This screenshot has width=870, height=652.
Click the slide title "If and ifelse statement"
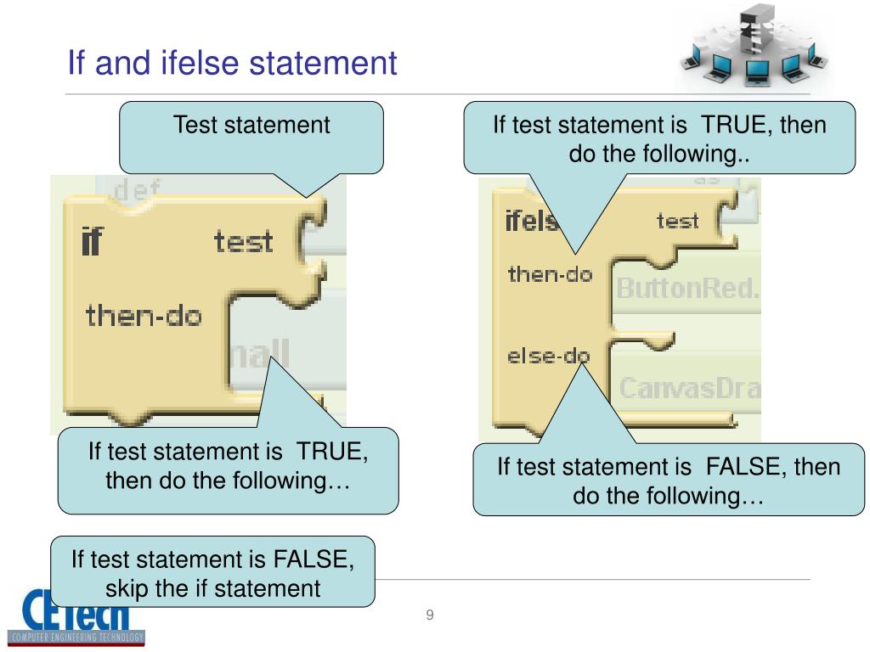[x=232, y=63]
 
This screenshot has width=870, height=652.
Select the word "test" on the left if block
[x=243, y=242]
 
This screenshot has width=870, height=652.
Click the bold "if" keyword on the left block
[x=91, y=243]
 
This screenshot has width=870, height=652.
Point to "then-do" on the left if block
[x=144, y=317]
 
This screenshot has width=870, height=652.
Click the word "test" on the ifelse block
[x=677, y=222]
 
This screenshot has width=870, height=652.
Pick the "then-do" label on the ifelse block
[x=550, y=275]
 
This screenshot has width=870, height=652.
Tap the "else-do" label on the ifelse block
[x=548, y=357]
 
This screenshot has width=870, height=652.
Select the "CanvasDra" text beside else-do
[x=688, y=389]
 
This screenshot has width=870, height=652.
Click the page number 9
[x=430, y=615]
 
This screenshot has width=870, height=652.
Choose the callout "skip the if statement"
[x=212, y=572]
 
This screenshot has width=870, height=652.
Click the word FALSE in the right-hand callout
[x=737, y=466]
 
